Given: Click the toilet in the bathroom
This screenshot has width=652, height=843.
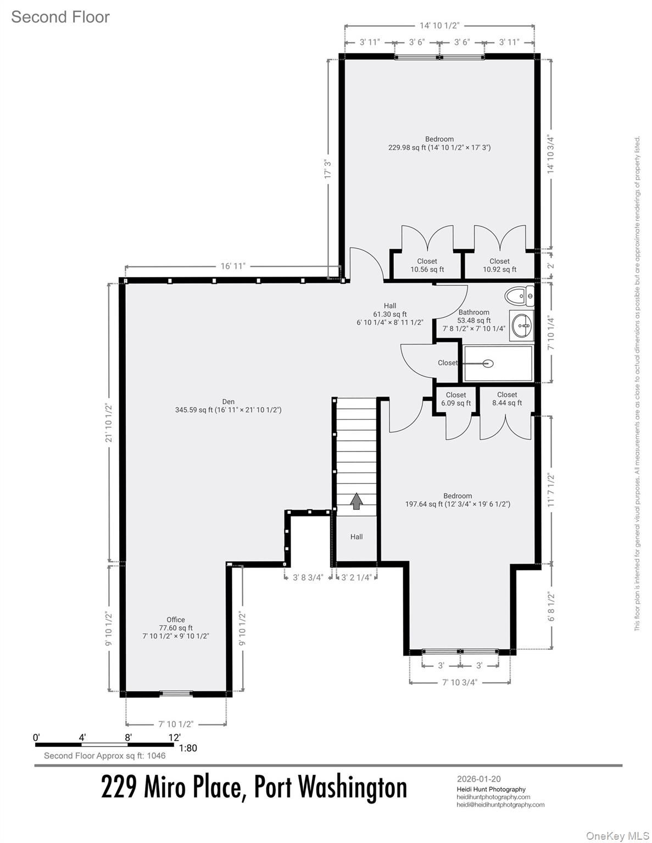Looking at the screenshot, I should click(x=519, y=297).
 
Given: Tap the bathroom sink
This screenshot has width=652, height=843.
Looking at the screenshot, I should click(x=521, y=325).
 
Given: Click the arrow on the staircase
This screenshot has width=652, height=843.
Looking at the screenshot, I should click(x=357, y=501).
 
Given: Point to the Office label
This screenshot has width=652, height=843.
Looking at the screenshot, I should click(x=176, y=620).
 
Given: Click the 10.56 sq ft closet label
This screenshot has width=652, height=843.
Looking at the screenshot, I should click(x=427, y=266).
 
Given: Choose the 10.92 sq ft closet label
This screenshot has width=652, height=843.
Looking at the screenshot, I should click(x=499, y=266).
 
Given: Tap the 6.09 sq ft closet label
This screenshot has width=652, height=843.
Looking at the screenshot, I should click(x=456, y=399).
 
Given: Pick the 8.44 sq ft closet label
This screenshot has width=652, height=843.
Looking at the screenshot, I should click(x=507, y=398).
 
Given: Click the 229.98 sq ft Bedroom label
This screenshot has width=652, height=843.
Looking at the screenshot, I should click(x=439, y=143).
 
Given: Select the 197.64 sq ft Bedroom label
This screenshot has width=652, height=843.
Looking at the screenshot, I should click(x=458, y=500).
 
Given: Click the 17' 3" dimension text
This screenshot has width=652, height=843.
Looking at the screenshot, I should click(x=328, y=170).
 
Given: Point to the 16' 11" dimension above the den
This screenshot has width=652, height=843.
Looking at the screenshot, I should click(x=233, y=266).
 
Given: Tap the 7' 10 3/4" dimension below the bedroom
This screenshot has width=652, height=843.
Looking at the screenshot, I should click(x=460, y=682).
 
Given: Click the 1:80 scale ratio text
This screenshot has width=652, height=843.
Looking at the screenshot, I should click(x=187, y=748).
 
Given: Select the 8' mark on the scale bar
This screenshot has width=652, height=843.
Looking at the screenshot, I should click(x=128, y=738).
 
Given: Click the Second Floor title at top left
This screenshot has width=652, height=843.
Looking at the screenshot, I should click(x=60, y=17).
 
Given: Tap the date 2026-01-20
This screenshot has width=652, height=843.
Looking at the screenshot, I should click(x=479, y=779).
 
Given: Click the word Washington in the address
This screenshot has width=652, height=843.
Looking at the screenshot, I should click(x=353, y=788).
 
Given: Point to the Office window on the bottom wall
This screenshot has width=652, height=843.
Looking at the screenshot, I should click(x=176, y=693).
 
